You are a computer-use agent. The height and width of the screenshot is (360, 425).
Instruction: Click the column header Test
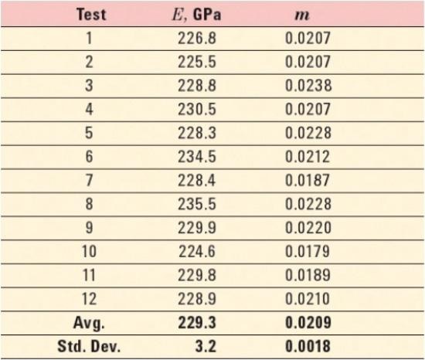[91, 15]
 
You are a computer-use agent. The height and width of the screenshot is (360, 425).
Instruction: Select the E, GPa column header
[197, 15]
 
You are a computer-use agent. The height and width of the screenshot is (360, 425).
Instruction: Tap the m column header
[302, 15]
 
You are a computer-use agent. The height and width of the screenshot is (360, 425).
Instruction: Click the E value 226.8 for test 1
[197, 38]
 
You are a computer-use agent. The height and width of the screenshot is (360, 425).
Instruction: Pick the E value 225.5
[197, 62]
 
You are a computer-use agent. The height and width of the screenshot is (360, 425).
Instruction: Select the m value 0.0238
[308, 86]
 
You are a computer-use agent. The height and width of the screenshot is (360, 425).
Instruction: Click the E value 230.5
[197, 109]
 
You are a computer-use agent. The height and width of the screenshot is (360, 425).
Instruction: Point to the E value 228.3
[197, 133]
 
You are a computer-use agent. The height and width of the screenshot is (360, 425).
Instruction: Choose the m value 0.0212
[308, 157]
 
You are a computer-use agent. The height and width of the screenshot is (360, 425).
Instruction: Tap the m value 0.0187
[308, 181]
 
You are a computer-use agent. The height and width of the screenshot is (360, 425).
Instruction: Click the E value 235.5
[197, 204]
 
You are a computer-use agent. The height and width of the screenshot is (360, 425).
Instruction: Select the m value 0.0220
[308, 228]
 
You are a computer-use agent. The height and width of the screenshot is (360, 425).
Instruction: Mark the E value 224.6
[197, 252]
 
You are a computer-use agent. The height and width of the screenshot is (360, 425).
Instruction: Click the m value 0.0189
[308, 275]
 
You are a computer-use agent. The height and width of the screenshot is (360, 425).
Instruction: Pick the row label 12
[89, 299]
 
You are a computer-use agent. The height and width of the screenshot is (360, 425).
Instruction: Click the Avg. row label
[89, 323]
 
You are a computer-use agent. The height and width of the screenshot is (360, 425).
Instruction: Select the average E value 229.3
[197, 323]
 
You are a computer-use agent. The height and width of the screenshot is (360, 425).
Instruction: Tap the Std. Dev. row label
[89, 346]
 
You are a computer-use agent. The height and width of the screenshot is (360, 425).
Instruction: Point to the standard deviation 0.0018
[308, 346]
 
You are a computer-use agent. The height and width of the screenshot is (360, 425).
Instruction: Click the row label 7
[89, 181]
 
